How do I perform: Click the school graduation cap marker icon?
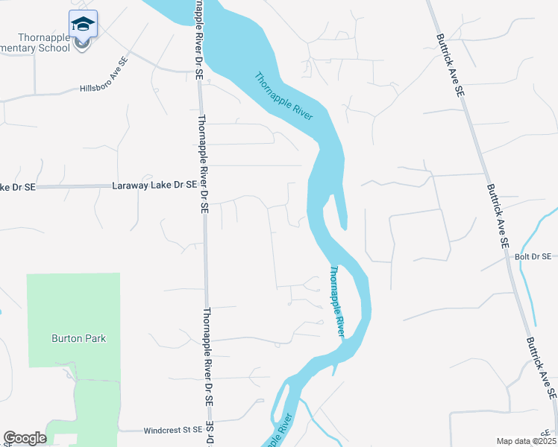pyautogui.click(x=83, y=24)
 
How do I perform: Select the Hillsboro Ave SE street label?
pyautogui.click(x=104, y=76)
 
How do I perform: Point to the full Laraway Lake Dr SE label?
pyautogui.click(x=154, y=184)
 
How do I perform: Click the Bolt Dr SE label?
pyautogui.click(x=533, y=256)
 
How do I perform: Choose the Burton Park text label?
pyautogui.click(x=78, y=338)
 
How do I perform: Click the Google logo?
pyautogui.click(x=25, y=439)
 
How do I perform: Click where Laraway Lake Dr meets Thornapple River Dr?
pyautogui.click(x=203, y=185)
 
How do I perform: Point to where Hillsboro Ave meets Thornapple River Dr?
pyautogui.click(x=198, y=72)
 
